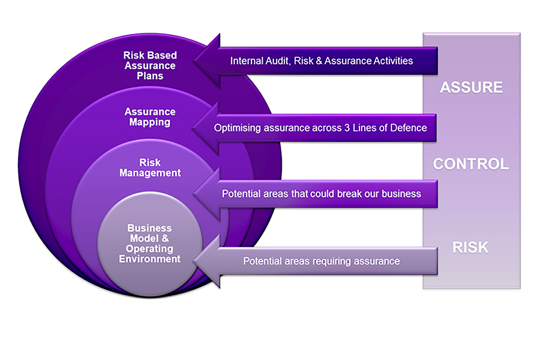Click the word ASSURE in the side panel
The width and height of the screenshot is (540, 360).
tap(471, 88)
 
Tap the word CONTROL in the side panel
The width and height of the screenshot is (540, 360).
tap(471, 164)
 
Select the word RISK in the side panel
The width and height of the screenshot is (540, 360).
tap(471, 247)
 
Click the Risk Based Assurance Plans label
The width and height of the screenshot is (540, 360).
tap(150, 65)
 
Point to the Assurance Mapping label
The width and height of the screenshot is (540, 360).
tap(150, 116)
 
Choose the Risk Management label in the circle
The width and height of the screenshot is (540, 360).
tap(150, 168)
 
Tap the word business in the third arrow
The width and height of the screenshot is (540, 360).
tap(400, 194)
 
